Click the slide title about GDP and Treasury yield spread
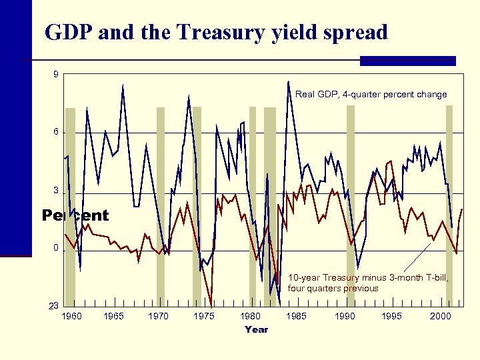coord(215,32)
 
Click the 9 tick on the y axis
coord(56,74)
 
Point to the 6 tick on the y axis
coord(56,132)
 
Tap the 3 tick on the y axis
coord(56,191)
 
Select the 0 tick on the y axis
coord(56,249)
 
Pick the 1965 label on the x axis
coord(115,316)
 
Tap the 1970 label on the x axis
coord(158,316)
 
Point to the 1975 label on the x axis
coord(204,316)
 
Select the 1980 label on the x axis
coord(251,316)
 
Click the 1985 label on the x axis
coord(296,316)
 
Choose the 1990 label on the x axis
coord(345,316)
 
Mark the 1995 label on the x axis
coord(392,316)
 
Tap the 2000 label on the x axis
coord(440,316)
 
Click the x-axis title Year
coord(256,329)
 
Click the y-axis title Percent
coord(75,215)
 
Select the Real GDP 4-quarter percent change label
coord(371,95)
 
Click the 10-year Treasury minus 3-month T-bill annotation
coord(368,283)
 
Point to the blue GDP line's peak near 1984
coord(288,82)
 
